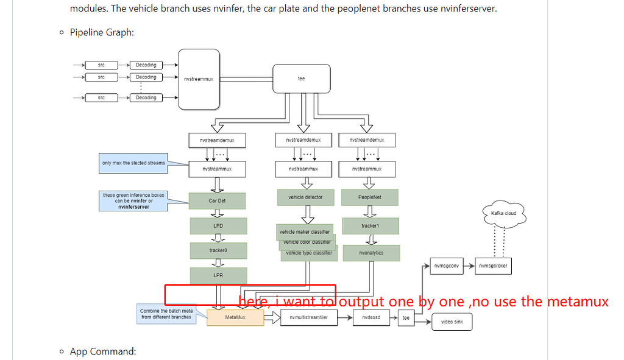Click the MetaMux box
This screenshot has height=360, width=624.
coord(235,317)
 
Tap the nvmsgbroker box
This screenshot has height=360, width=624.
coord(493,266)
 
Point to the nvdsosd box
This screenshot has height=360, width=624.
coord(371,317)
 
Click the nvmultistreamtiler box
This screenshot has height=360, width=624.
coord(308,317)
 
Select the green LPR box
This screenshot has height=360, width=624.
coord(219,275)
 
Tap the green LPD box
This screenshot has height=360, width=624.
coord(219,226)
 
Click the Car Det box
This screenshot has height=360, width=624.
coord(218,200)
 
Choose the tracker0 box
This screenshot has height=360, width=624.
coord(219,250)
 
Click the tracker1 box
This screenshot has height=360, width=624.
coord(370,226)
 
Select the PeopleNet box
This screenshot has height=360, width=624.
coord(370,197)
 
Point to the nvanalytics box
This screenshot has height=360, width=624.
coord(371,253)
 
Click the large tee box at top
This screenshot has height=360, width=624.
coord(301,79)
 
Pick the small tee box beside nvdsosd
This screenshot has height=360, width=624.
coord(406,317)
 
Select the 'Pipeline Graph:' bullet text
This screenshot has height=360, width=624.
coord(102,32)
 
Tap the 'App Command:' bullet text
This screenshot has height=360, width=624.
coord(103,351)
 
